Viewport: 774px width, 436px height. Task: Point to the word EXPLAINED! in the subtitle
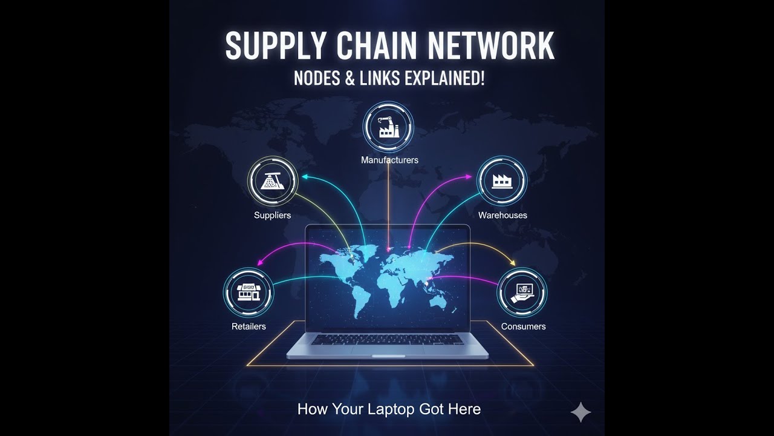pyautogui.click(x=444, y=79)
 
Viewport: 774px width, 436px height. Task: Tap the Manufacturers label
pyautogui.click(x=389, y=160)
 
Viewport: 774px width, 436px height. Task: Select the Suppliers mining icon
pyautogui.click(x=273, y=180)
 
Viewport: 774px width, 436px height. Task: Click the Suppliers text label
pyautogui.click(x=272, y=215)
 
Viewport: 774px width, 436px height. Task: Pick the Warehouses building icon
pyautogui.click(x=502, y=180)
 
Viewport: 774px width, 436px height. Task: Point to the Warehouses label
pyautogui.click(x=502, y=215)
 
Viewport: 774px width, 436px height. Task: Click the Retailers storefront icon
pyautogui.click(x=249, y=292)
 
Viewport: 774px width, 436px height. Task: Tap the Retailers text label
pyautogui.click(x=249, y=326)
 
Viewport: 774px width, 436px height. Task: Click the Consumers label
pyautogui.click(x=523, y=326)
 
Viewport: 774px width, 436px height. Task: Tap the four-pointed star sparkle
pyautogui.click(x=581, y=412)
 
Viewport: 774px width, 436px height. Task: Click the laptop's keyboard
pyautogui.click(x=387, y=340)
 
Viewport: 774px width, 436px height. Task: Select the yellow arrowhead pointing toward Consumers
pyautogui.click(x=513, y=263)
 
